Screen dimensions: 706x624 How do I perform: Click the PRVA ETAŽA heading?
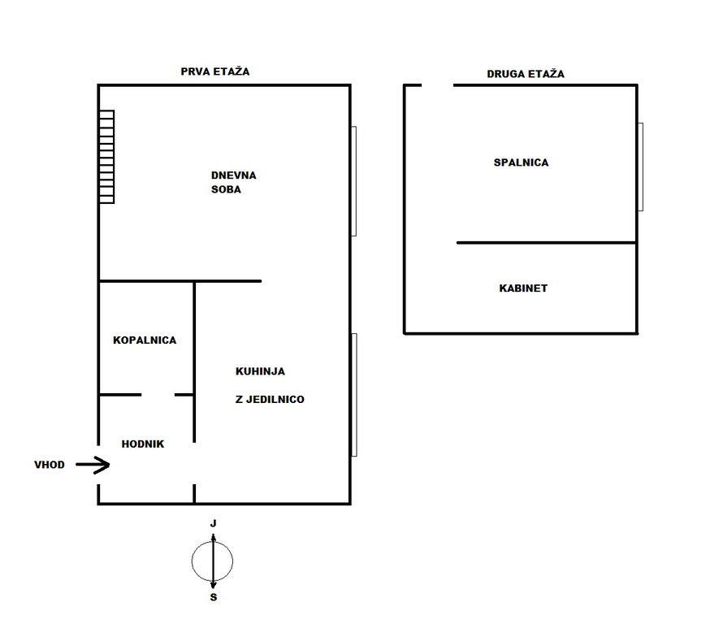click(214, 71)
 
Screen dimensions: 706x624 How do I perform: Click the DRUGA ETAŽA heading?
click(526, 74)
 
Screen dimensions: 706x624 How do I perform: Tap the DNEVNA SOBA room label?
click(233, 182)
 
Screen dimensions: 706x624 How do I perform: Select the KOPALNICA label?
click(145, 340)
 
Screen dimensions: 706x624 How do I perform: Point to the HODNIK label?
click(143, 444)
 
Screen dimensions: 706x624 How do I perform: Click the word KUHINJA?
click(260, 371)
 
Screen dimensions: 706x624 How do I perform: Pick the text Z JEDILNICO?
click(270, 399)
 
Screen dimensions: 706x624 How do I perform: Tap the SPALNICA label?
click(521, 162)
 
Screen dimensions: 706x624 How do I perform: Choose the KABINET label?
click(523, 288)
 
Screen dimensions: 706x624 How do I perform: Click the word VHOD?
click(50, 465)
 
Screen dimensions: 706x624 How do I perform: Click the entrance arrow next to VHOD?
click(93, 465)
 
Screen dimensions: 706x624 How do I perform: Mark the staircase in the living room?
click(106, 157)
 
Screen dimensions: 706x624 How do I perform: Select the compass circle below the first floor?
click(213, 561)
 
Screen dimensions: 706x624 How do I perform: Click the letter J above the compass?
click(214, 523)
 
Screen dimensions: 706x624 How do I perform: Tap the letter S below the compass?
click(214, 597)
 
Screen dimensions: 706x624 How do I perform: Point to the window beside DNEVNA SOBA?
click(354, 181)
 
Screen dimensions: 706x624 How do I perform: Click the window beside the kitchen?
click(354, 395)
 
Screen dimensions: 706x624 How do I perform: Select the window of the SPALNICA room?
click(641, 167)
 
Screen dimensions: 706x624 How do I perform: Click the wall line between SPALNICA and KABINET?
click(547, 243)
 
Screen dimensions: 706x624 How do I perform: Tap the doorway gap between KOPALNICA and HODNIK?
click(158, 395)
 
